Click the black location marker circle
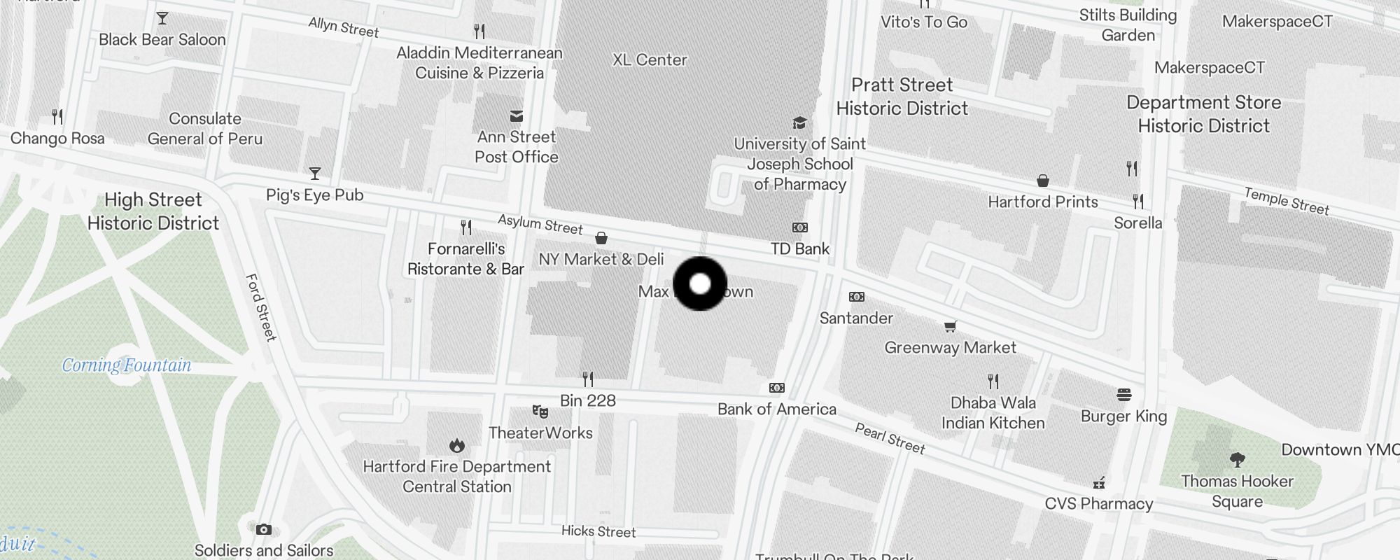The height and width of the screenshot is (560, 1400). coord(700,283)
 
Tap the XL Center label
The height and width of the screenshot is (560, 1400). coord(650,60)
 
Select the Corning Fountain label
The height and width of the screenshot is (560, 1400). coord(127,365)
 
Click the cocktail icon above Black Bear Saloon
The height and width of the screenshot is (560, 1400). coord(162,18)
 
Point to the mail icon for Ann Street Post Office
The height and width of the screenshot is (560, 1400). coord(517,116)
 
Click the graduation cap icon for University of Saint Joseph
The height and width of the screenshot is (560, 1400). coord(799,123)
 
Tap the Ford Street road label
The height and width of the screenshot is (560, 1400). coord(261,307)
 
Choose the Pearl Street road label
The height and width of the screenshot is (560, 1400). coord(890,439)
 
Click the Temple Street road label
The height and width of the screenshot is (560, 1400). coord(1287,201)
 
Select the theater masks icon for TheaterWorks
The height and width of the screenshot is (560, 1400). coord(540,412)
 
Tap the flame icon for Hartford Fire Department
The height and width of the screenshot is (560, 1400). coord(457,445)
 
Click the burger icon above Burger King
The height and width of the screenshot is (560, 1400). coord(1124,395)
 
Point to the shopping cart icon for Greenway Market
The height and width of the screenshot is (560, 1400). coord(951,326)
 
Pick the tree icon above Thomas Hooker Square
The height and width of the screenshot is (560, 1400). coord(1238,460)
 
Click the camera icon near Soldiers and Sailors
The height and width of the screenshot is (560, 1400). coord(263,529)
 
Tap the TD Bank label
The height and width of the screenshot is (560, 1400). coord(800,248)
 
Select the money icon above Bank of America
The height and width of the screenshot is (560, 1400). coord(777,388)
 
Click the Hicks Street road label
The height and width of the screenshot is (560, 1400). coord(598,531)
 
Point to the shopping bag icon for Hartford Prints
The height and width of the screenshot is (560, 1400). coord(1043,181)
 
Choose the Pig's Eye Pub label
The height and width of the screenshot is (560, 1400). coord(315,195)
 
